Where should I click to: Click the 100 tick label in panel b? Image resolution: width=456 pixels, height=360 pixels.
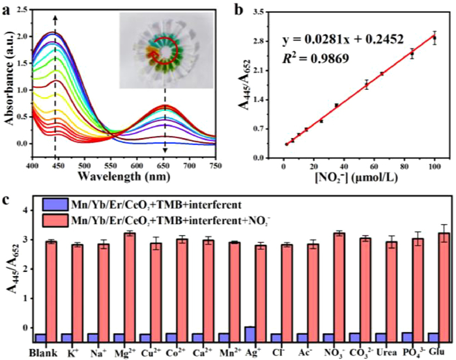point(435,165)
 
